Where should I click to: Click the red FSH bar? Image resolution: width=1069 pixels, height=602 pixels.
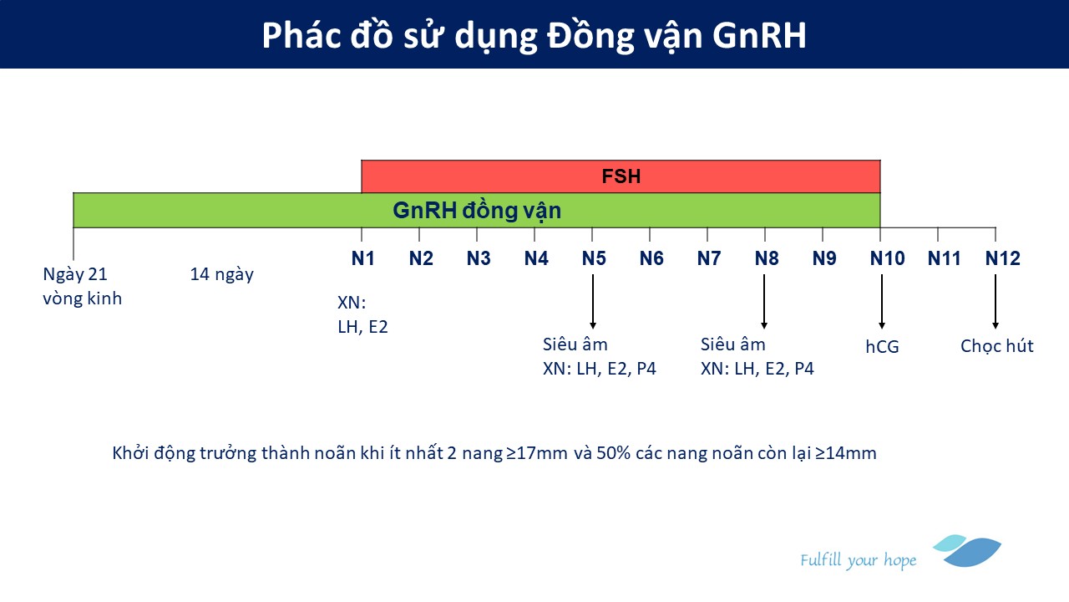pos(621,176)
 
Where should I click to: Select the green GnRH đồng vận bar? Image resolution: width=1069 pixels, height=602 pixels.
pos(476,210)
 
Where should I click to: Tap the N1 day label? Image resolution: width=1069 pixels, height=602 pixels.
pos(362,258)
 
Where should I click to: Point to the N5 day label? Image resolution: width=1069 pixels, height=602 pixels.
pos(594,258)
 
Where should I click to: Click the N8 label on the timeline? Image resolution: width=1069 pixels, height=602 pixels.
pos(767,258)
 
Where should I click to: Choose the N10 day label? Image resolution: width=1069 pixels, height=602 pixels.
pos(887,258)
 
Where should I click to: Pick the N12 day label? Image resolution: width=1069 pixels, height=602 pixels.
pos(1003,258)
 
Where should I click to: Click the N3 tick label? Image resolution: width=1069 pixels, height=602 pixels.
pos(479,258)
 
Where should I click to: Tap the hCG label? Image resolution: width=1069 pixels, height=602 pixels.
pos(882,346)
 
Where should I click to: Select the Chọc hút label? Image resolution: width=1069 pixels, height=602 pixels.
pos(997,346)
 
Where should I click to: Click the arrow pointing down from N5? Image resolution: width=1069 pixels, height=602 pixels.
pos(593,302)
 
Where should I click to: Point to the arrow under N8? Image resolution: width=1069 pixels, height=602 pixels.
pos(764,302)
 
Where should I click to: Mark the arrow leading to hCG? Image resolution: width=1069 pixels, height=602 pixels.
pos(881,302)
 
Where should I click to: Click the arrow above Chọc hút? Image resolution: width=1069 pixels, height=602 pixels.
pos(995,302)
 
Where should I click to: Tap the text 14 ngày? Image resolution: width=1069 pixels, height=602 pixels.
pos(222,275)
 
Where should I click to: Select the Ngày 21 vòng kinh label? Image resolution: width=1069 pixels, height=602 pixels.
pos(82,286)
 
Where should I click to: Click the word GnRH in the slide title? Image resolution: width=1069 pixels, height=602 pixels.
pos(759,35)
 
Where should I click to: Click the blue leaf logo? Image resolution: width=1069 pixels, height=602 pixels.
pos(967,551)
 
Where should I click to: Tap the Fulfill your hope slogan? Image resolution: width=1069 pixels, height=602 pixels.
pos(858,560)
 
